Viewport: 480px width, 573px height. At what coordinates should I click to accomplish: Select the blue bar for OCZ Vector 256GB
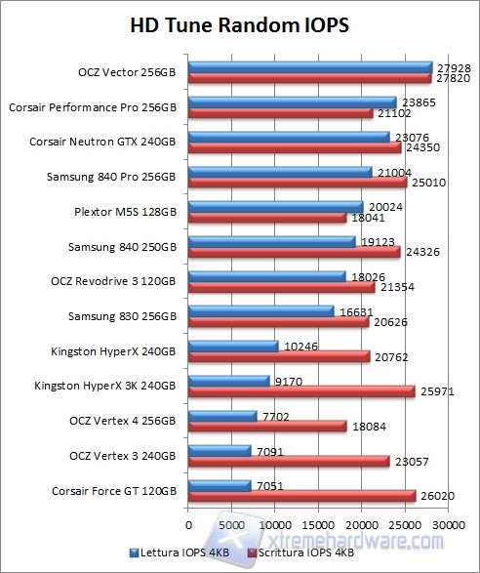coord(309,66)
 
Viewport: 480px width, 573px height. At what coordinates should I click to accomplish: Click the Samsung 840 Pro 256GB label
coord(112,177)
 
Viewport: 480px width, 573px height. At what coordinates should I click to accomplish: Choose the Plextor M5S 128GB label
coord(126,211)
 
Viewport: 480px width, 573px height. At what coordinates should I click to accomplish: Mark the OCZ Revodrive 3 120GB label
coord(112,281)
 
